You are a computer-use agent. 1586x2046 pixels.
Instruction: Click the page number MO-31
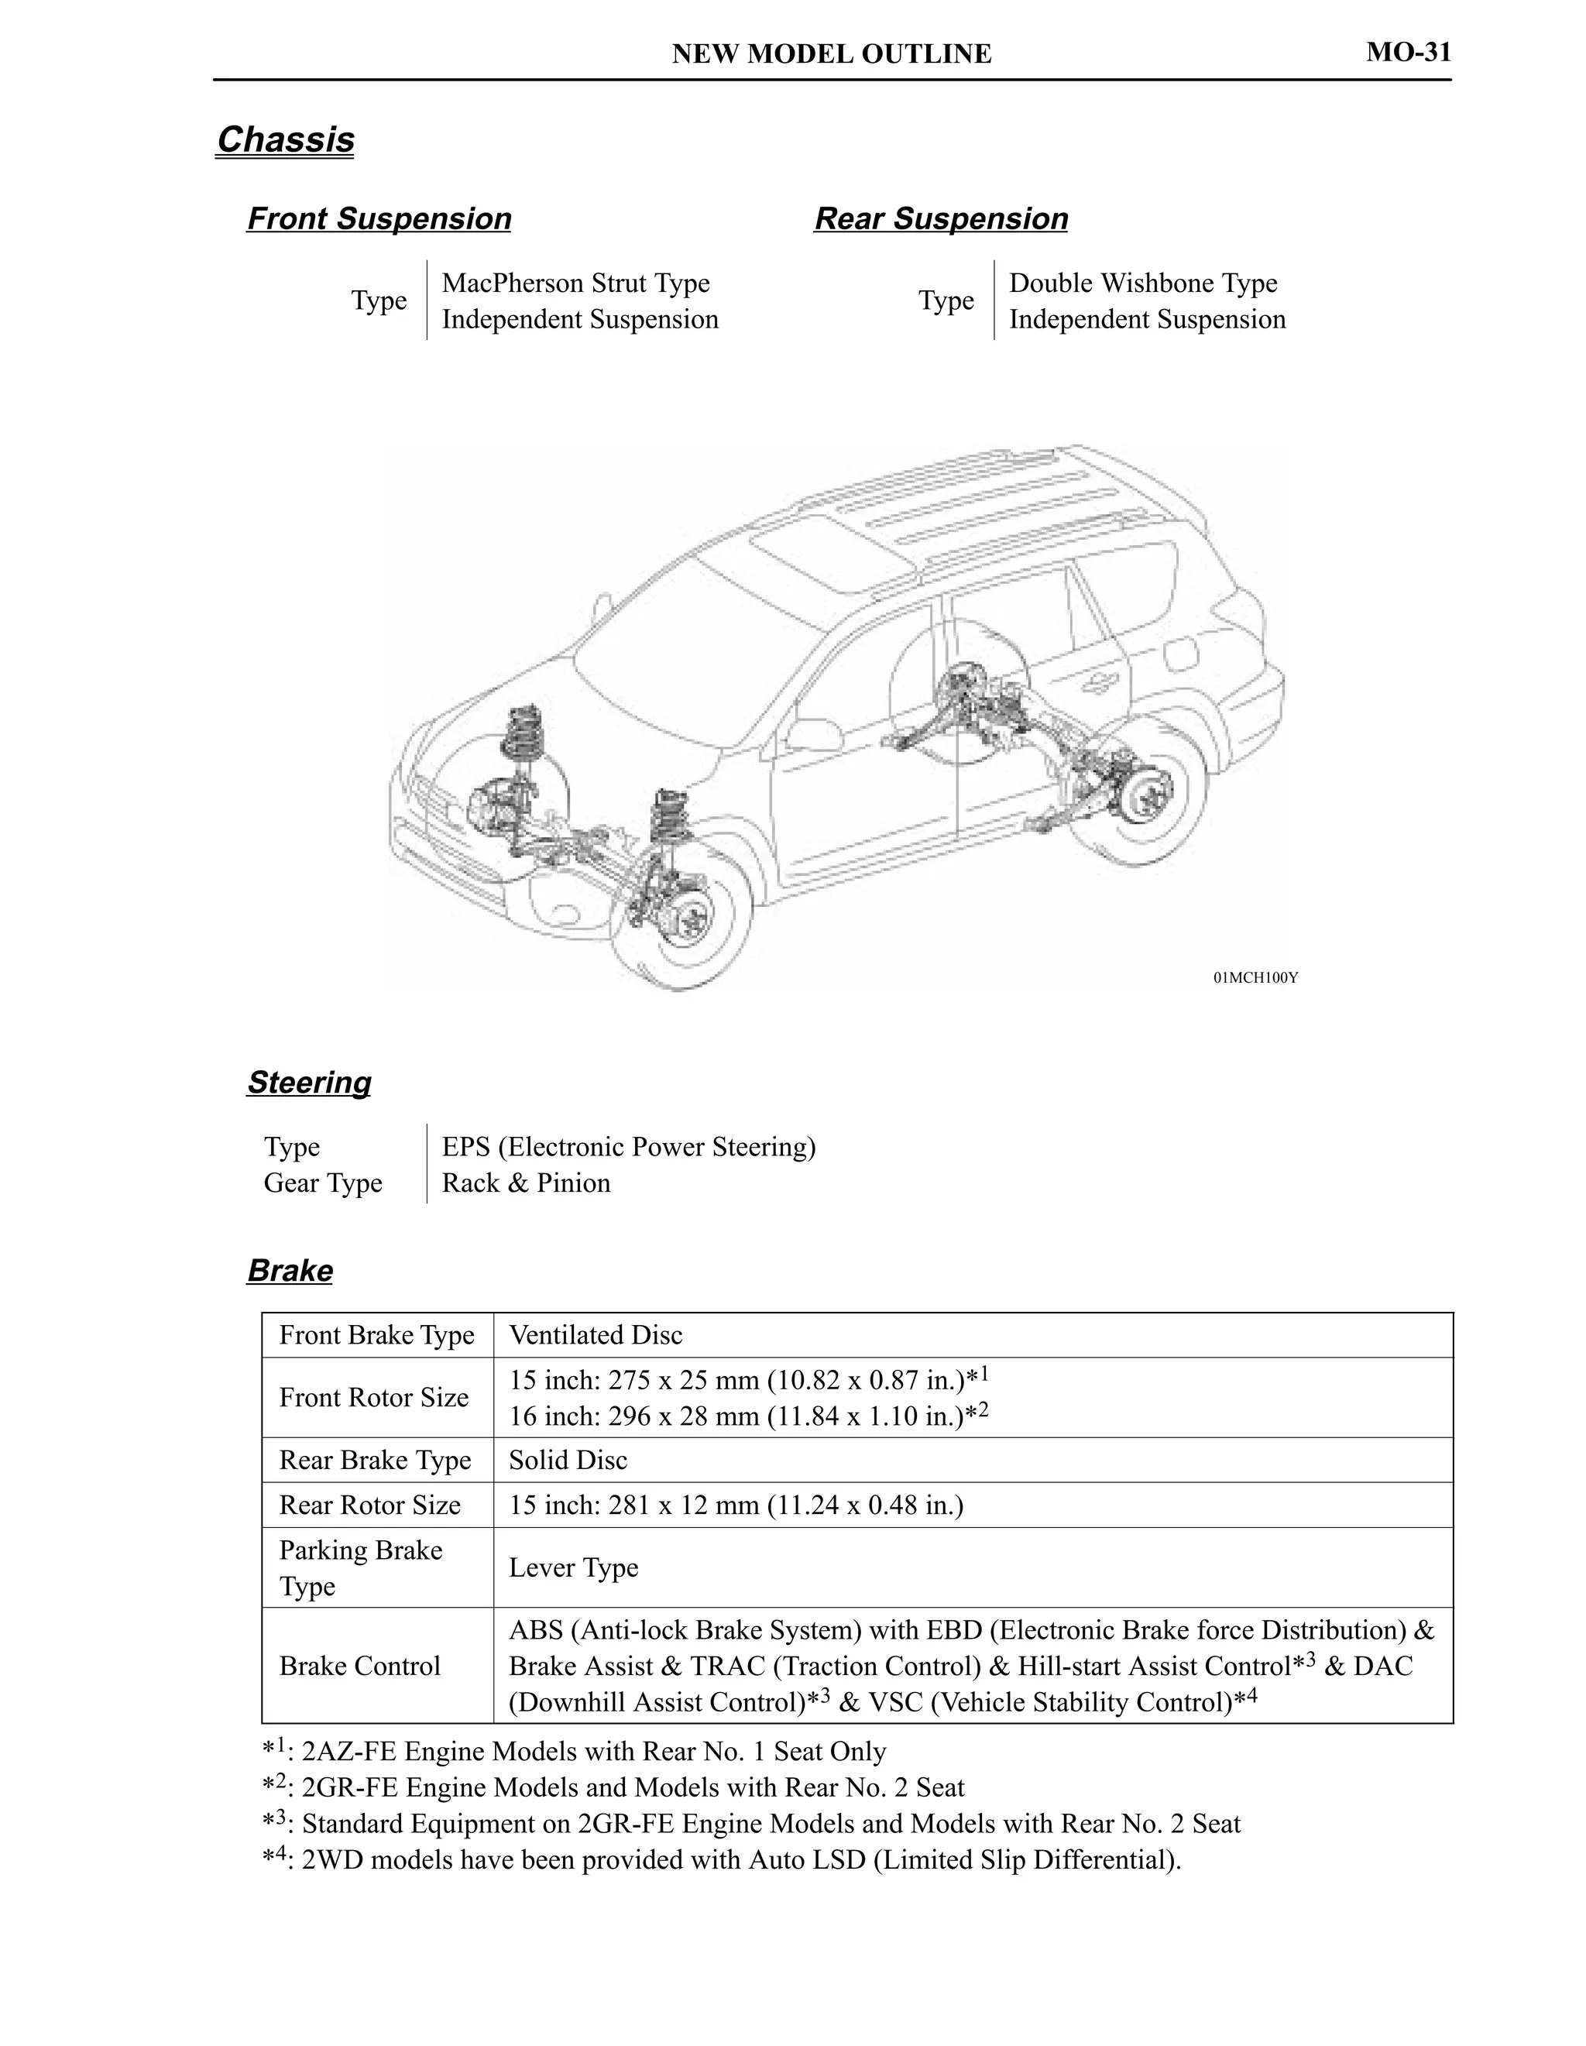(x=1407, y=52)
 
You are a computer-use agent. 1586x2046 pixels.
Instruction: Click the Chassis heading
(x=285, y=139)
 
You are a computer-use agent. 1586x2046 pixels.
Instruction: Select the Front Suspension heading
(x=379, y=218)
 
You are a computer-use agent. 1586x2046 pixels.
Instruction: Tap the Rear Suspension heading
(x=941, y=218)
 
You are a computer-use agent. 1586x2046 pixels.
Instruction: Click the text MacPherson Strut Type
(x=575, y=283)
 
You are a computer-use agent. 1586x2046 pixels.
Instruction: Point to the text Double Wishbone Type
(x=1142, y=283)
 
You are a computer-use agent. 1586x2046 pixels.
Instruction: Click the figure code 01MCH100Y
(x=1255, y=978)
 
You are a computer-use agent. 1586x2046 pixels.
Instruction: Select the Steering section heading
(x=308, y=1082)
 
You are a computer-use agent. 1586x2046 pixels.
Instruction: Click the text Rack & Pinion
(x=526, y=1183)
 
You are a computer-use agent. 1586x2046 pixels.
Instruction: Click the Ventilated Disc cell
(x=595, y=1335)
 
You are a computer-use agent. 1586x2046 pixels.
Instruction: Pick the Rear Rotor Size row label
(x=369, y=1505)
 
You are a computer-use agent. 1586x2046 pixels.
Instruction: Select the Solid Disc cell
(x=568, y=1460)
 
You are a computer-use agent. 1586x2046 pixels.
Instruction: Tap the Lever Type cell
(x=573, y=1567)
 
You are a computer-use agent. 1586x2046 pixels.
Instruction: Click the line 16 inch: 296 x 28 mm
(x=747, y=1416)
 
